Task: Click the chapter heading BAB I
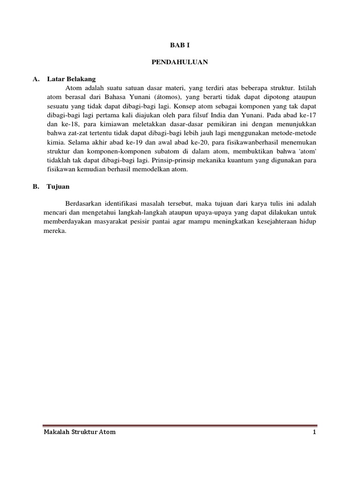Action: pyautogui.click(x=180, y=45)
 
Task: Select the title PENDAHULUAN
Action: pyautogui.click(x=180, y=61)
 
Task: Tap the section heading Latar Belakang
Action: pyautogui.click(x=71, y=79)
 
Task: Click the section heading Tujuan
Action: pyautogui.click(x=58, y=187)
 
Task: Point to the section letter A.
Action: pyautogui.click(x=35, y=79)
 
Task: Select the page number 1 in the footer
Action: pyautogui.click(x=315, y=432)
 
